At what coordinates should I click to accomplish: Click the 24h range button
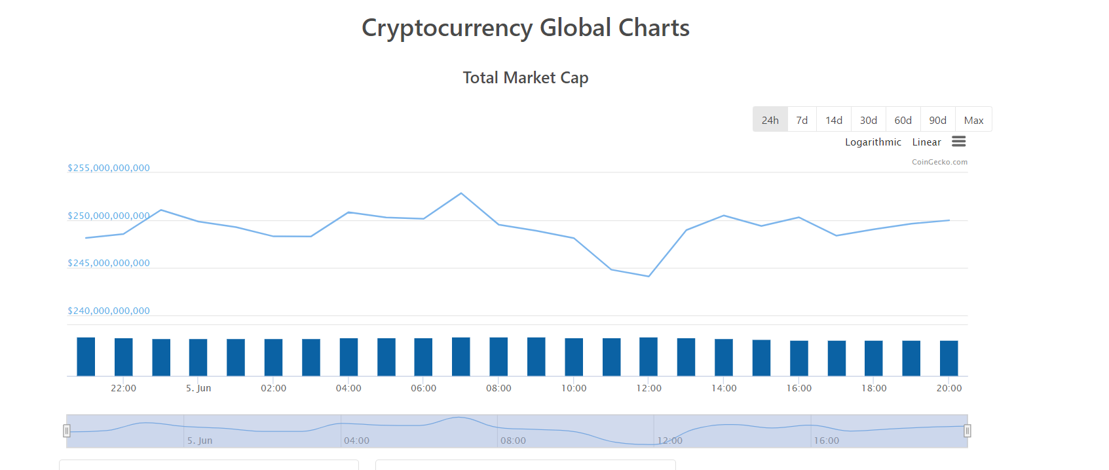[770, 120]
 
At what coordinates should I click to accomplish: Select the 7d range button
[802, 120]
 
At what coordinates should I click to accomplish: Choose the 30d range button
[868, 120]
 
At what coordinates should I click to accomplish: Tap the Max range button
[973, 120]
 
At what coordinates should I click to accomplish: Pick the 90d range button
[937, 120]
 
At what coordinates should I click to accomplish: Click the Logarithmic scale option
[873, 142]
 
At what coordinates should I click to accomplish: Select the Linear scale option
[926, 142]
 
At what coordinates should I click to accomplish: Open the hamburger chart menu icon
[958, 142]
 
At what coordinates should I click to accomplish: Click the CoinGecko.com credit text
[939, 162]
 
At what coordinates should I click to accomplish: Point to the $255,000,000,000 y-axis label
[109, 168]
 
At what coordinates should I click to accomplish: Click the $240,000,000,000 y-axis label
[109, 311]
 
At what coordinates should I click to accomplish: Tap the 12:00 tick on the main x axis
[648, 388]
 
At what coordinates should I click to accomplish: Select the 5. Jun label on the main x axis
[198, 388]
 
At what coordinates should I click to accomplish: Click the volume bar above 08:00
[498, 357]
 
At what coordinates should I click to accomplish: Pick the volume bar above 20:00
[949, 358]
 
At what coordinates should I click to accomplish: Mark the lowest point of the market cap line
[648, 277]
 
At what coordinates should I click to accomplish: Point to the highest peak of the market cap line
[461, 193]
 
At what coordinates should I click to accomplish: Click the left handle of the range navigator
[67, 431]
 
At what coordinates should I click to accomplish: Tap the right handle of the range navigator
[967, 431]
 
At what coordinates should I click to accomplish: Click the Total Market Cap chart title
[525, 78]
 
